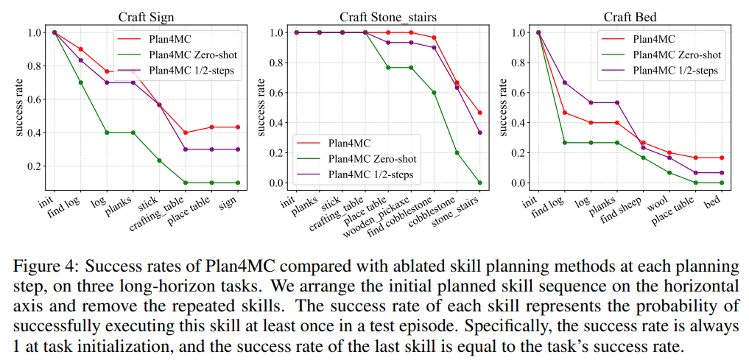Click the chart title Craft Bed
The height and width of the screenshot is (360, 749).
630,16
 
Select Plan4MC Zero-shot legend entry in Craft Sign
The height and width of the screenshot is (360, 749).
183,54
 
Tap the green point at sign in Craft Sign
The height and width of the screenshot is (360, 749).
237,183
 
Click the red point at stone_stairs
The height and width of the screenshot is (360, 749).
479,113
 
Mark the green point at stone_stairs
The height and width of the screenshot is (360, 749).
479,183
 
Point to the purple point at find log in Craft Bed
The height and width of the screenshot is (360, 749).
564,82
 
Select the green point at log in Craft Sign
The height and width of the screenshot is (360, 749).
107,133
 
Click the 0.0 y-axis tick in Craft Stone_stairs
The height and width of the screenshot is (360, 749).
276,183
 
